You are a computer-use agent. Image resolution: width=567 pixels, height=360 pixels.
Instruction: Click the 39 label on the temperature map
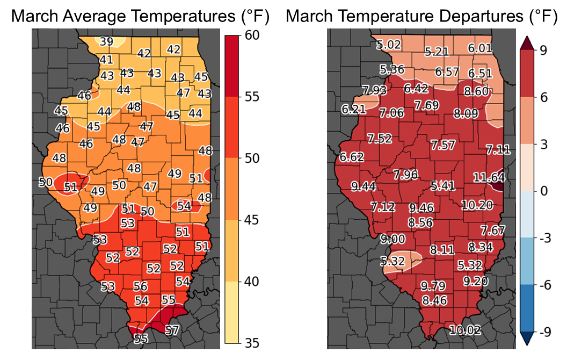tap(106, 41)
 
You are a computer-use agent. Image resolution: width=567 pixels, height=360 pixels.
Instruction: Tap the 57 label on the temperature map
tap(172, 330)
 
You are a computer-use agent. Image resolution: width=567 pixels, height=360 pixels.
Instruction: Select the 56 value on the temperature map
tap(140, 286)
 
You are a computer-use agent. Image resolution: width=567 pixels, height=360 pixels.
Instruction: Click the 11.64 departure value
tap(489, 177)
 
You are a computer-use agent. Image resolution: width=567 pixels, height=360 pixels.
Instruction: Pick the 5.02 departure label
tap(389, 44)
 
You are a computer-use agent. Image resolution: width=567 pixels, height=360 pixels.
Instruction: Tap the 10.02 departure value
tap(465, 330)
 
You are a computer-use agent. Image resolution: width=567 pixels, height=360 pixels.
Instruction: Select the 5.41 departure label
tap(444, 186)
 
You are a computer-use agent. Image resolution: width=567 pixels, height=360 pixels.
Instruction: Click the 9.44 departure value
tap(364, 186)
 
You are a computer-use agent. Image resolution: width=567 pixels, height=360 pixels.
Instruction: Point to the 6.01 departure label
tap(479, 48)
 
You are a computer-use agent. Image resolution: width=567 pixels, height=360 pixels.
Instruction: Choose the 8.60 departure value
tap(476, 91)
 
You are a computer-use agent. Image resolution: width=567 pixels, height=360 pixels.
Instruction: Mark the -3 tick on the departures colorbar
tap(547, 239)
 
